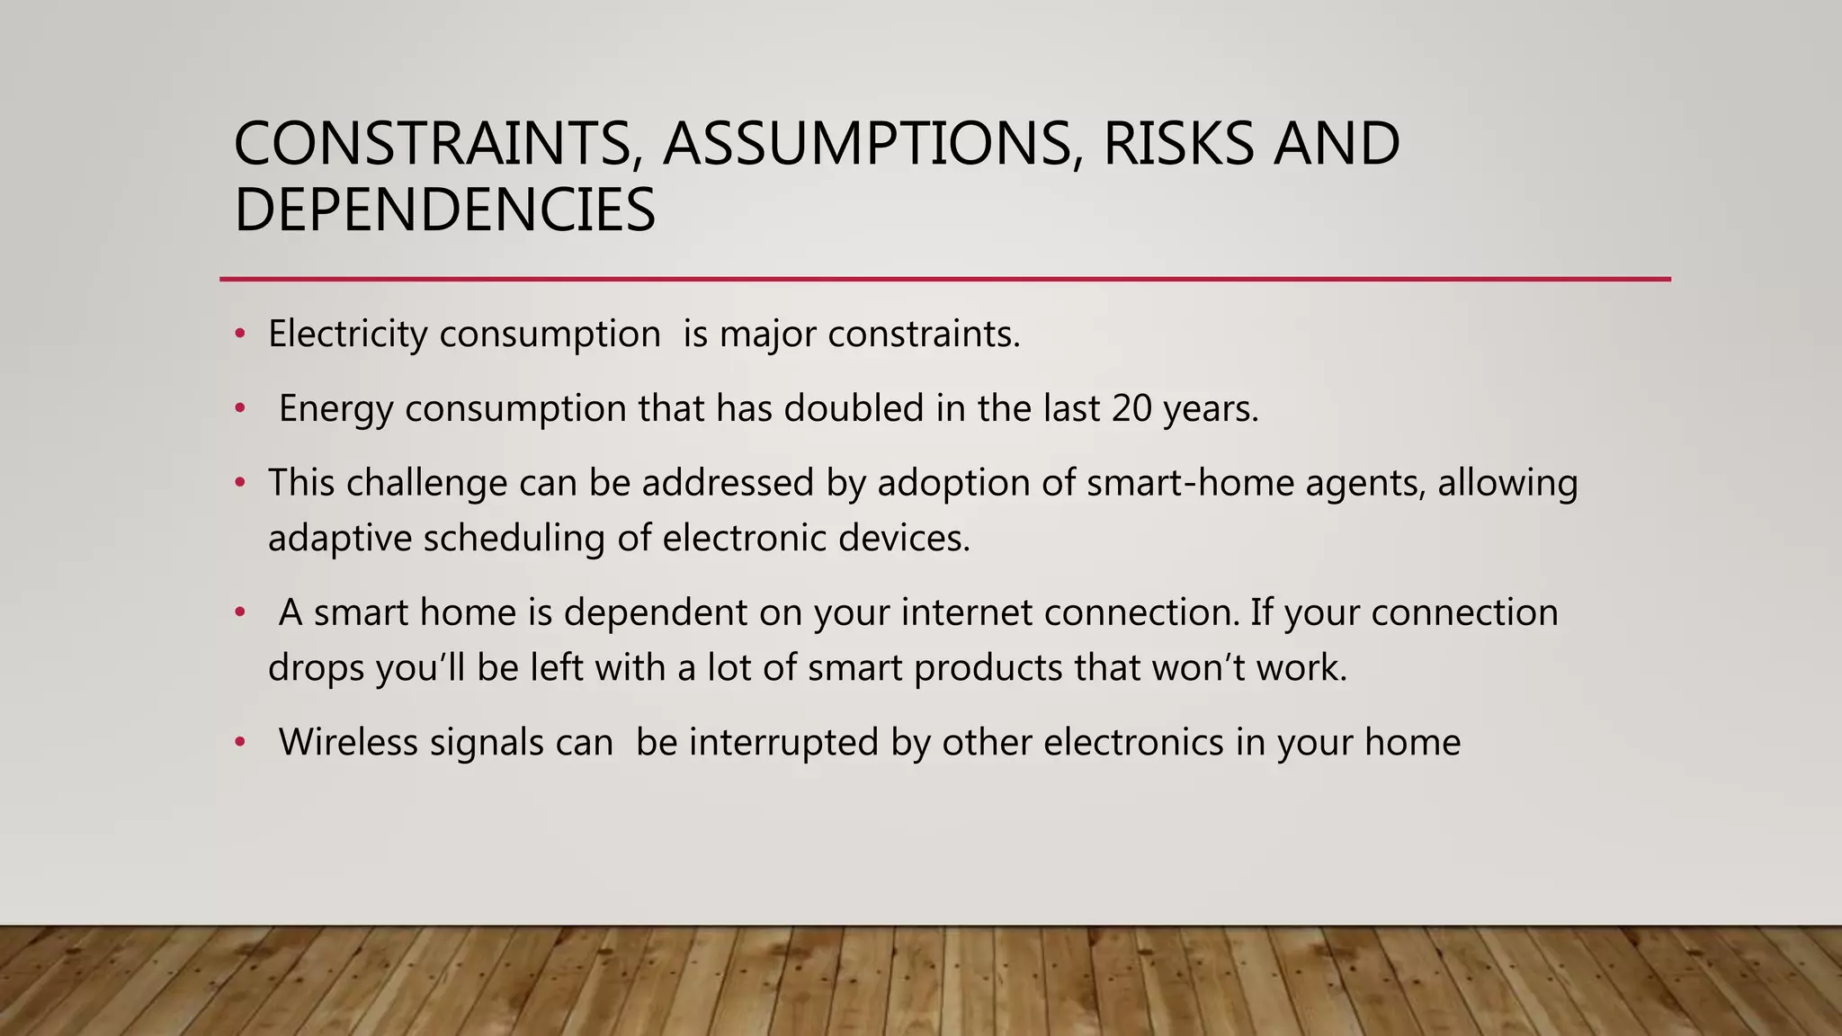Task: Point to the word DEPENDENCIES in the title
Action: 444,210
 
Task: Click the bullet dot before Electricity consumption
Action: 239,335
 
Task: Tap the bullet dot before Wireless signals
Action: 239,743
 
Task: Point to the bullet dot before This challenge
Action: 239,484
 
